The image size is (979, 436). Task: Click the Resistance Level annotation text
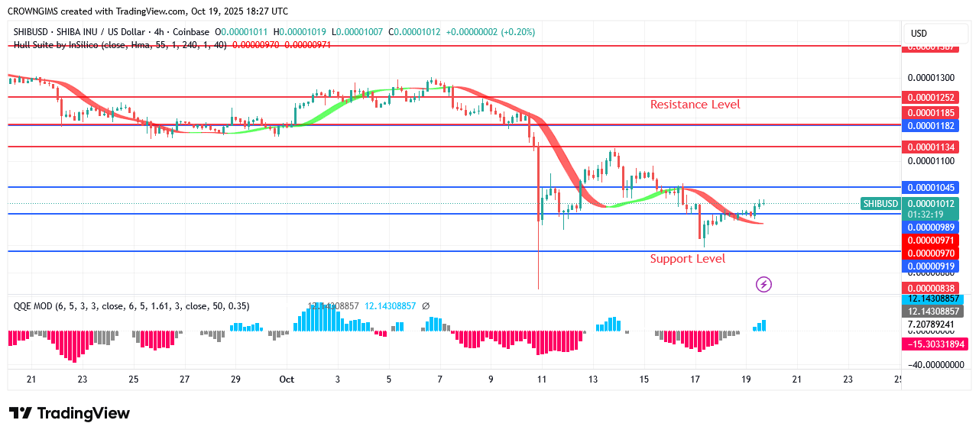695,105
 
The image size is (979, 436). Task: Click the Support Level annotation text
687,259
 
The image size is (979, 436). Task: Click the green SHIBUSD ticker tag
880,204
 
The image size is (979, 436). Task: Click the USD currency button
919,34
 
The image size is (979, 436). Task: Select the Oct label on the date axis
287,379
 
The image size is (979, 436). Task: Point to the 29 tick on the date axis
235,379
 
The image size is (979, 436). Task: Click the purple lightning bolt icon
763,285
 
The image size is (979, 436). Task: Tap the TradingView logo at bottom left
70,413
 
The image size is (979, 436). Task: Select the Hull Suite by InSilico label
57,45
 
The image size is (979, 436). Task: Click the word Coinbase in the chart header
191,32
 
